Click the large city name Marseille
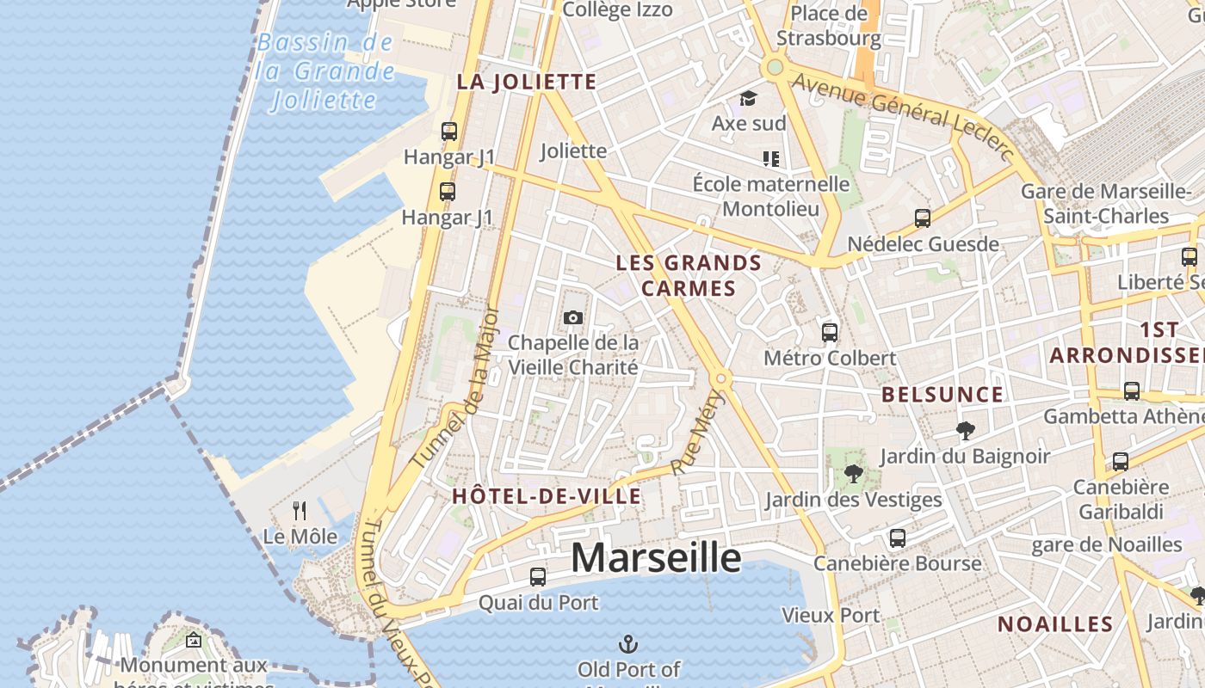point(656,557)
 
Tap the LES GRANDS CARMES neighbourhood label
point(689,275)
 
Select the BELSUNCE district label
point(942,395)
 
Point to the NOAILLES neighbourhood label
point(1055,624)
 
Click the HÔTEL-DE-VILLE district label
point(547,496)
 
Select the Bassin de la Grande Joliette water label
point(325,71)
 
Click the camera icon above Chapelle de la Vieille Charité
point(572,318)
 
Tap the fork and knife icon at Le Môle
point(300,511)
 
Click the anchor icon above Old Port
point(628,643)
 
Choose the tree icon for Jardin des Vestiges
point(852,474)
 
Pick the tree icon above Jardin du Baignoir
point(965,430)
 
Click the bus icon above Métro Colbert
point(830,332)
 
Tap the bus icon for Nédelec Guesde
point(923,218)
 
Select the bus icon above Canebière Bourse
point(898,538)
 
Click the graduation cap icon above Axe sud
point(748,98)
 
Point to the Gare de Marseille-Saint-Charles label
point(1106,203)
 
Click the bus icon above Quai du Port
point(538,577)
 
